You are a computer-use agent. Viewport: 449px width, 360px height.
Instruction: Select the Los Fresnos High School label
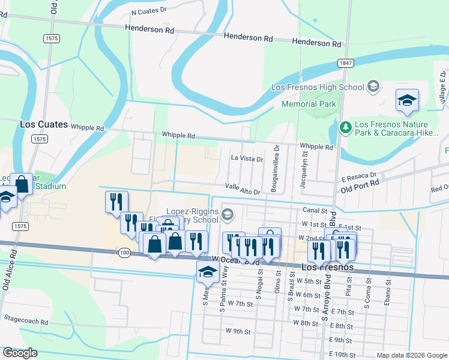(x=318, y=87)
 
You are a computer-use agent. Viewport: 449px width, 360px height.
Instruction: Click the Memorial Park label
(x=309, y=104)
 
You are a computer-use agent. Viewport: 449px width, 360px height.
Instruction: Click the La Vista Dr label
(x=247, y=160)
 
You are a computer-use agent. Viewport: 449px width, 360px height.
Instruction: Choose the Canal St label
(x=315, y=211)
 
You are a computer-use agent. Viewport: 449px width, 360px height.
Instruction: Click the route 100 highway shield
(x=124, y=253)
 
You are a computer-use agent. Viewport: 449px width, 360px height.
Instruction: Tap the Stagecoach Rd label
(x=25, y=322)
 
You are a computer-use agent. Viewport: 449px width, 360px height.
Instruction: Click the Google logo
(x=20, y=353)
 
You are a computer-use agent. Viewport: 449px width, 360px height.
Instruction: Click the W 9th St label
(x=238, y=331)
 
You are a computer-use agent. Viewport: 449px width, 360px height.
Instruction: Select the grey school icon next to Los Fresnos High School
(x=373, y=87)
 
